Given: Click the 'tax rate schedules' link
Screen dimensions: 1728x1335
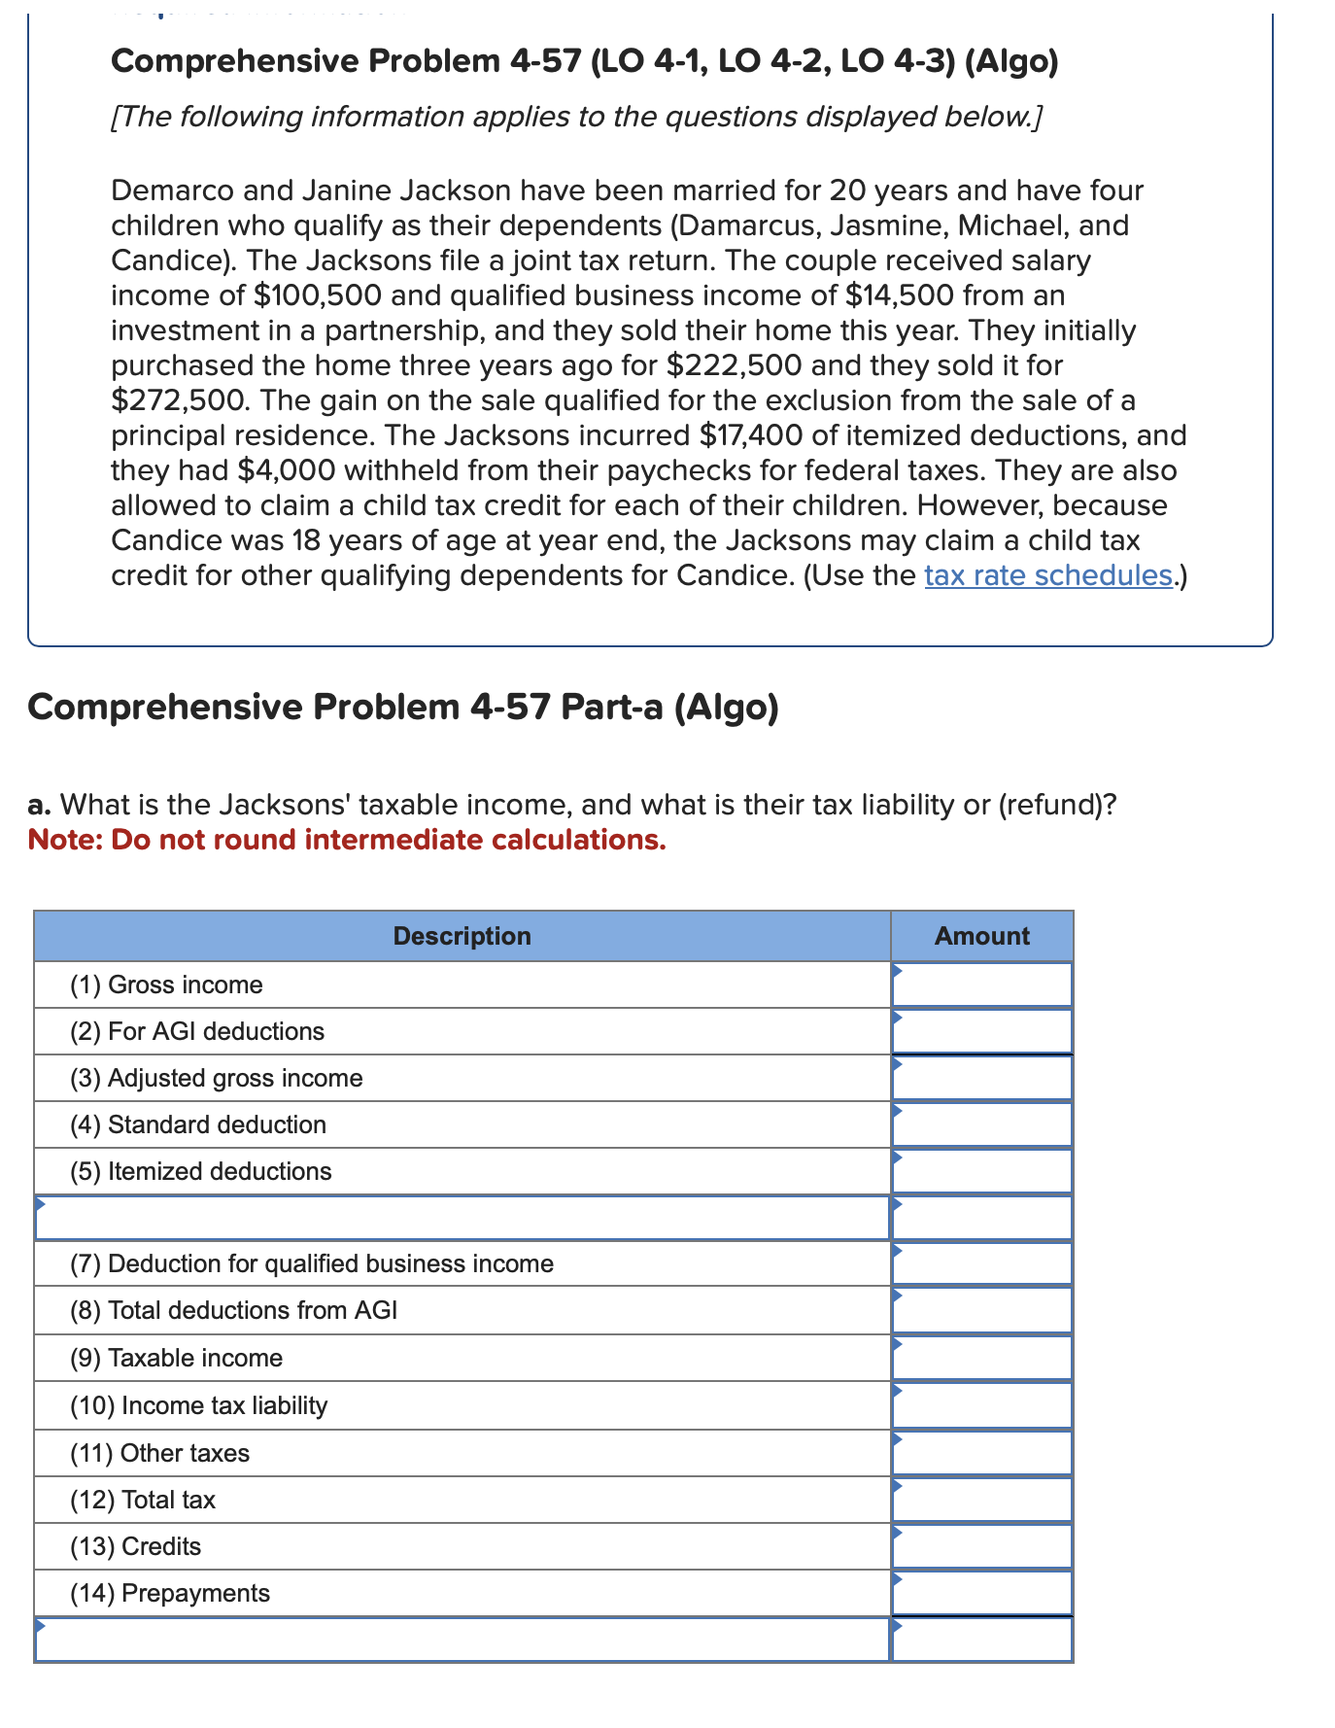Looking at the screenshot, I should [x=1048, y=575].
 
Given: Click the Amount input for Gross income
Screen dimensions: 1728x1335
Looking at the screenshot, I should [x=981, y=985].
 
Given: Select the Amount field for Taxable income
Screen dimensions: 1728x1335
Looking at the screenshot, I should [x=981, y=1358].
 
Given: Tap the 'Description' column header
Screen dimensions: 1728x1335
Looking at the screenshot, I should [x=462, y=936].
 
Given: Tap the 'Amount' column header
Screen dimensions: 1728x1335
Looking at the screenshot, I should [x=981, y=936].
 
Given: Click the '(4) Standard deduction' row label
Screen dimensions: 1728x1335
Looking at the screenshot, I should [x=197, y=1124].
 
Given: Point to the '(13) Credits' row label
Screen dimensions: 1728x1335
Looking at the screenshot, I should [x=135, y=1546].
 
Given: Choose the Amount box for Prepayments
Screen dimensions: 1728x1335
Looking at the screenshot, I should [x=981, y=1593].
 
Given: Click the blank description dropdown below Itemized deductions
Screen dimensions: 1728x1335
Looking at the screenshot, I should [x=462, y=1218].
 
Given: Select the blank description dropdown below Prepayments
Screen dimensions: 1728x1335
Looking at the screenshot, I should [x=462, y=1640].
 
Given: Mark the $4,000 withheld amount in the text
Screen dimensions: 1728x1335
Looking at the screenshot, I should [x=287, y=470].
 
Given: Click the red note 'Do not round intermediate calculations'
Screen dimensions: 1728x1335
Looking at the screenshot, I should [x=389, y=840].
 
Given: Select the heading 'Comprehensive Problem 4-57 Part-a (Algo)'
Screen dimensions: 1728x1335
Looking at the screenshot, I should [x=403, y=707].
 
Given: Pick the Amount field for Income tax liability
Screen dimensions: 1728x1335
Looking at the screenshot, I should [x=981, y=1405].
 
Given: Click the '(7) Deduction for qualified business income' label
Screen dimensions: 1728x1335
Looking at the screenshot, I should [x=311, y=1263].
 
